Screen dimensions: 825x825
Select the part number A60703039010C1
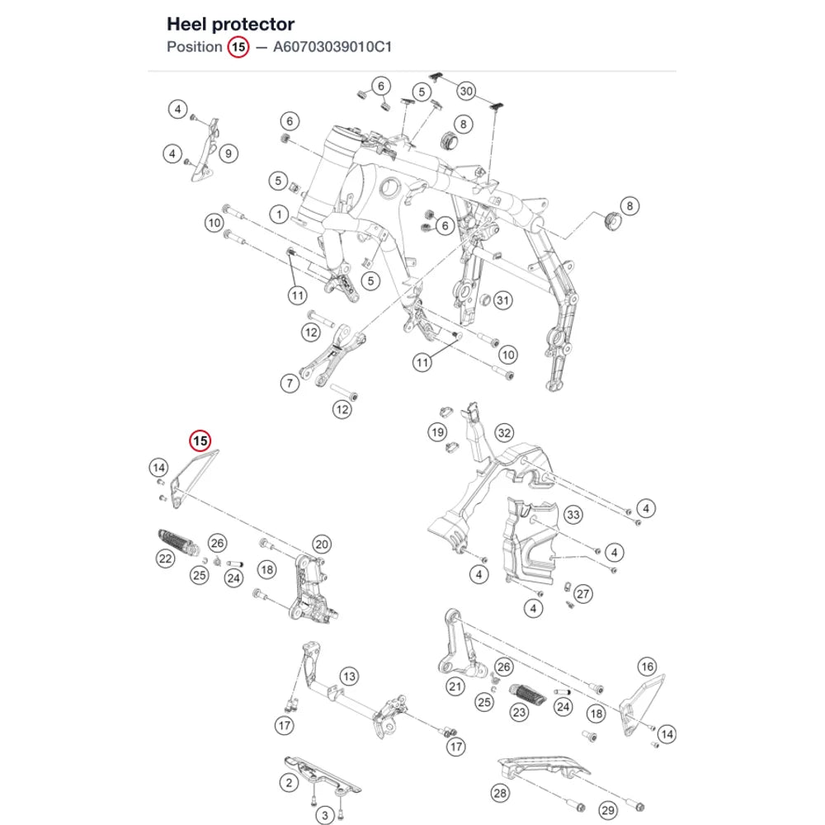(332, 47)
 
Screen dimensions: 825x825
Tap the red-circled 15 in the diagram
(200, 441)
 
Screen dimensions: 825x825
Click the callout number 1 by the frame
(279, 214)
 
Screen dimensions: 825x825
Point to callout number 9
(229, 153)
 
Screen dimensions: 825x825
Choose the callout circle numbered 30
(466, 91)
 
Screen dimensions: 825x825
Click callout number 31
(503, 300)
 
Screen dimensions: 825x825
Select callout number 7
(290, 383)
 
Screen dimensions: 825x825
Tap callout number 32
(504, 433)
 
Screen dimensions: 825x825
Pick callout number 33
(573, 515)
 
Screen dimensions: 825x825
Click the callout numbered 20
(322, 544)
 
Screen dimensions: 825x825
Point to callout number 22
(165, 559)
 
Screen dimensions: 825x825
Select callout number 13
(349, 676)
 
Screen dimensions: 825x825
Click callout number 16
(647, 667)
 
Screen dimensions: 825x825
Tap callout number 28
(500, 793)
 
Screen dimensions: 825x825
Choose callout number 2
(289, 783)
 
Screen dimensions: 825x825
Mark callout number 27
(582, 594)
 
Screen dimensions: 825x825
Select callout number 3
(324, 816)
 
